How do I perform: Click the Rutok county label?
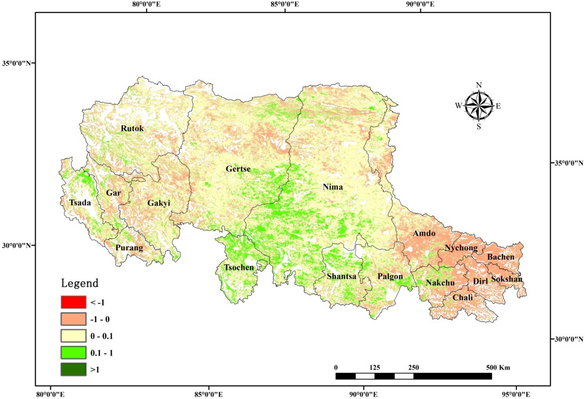coord(132,128)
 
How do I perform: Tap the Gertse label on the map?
coord(238,169)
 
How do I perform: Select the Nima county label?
coord(333,187)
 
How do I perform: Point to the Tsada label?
coord(80,203)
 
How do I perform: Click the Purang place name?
coord(129,248)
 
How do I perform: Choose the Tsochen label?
coord(239,268)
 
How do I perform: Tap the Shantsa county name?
coord(341,276)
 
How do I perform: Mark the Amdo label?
coord(424,233)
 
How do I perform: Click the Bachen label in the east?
coord(500,257)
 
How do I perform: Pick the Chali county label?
coord(463,297)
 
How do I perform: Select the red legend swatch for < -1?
coord(73,302)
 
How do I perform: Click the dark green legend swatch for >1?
coord(73,369)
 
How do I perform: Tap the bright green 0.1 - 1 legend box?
coord(73,353)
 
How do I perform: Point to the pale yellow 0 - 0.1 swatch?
coord(73,336)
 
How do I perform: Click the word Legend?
coord(80,283)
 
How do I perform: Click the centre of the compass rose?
coord(479,106)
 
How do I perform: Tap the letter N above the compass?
coord(479,85)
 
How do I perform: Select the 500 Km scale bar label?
coord(498,367)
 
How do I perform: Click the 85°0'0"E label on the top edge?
coord(285,5)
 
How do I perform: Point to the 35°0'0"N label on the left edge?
coord(17,63)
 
